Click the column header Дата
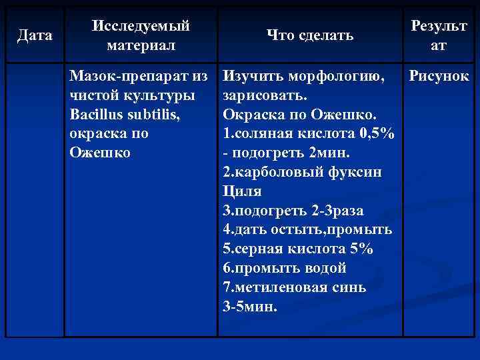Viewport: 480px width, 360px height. pos(35,35)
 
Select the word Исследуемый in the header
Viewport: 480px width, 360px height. pos(141,26)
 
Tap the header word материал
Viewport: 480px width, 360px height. pos(141,45)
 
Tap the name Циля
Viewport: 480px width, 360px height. pos(241,191)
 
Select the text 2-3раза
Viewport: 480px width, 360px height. pos(337,211)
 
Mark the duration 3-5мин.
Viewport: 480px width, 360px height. pos(250,307)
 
